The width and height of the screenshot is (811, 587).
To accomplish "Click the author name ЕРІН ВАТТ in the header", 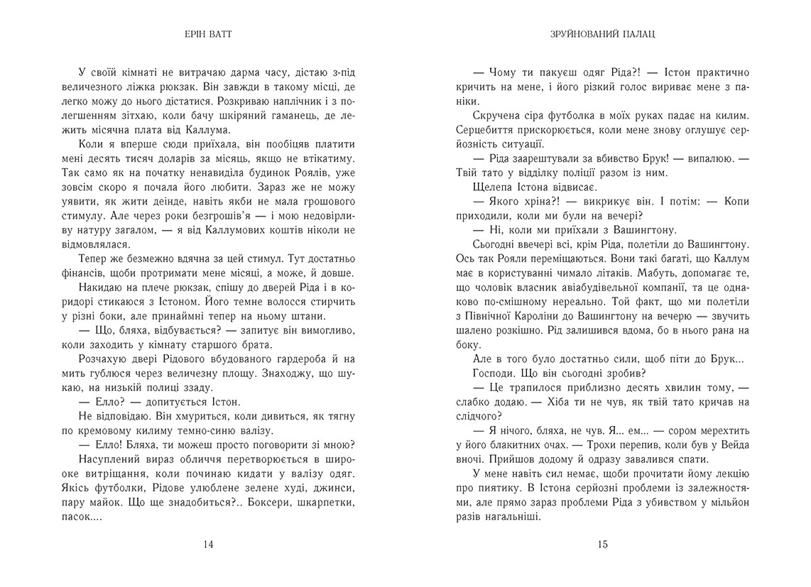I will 208,33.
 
